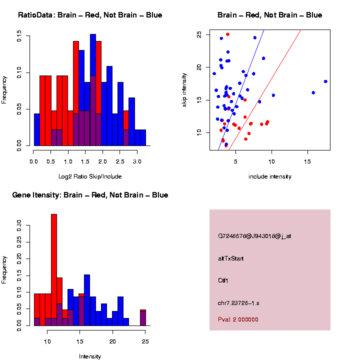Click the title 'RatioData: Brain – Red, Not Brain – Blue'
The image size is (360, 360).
tap(90, 15)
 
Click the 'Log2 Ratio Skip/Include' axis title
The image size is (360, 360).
tap(90, 176)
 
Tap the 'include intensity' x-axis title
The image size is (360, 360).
tap(270, 176)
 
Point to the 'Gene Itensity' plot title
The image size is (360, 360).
tap(90, 195)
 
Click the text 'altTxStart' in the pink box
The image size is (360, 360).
tap(231, 258)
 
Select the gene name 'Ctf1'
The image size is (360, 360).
tap(223, 280)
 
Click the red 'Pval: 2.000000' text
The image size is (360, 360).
tap(238, 319)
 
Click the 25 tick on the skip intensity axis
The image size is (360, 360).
tap(199, 34)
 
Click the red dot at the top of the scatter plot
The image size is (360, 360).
tap(227, 34)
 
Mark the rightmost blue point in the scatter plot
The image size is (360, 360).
tap(325, 81)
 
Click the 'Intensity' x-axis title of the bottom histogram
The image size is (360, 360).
tap(90, 356)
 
